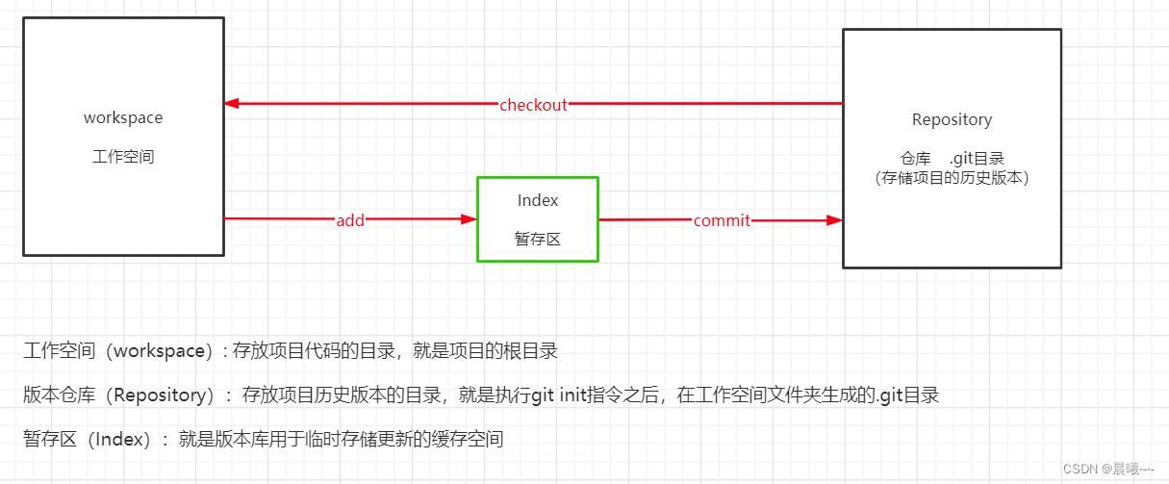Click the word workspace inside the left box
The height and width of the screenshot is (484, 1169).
point(123,118)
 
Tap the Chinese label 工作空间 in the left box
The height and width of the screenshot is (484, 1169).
point(123,157)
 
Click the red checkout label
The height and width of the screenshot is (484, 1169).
point(533,105)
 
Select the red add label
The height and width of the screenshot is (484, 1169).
point(350,220)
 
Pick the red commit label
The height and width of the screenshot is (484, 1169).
point(722,220)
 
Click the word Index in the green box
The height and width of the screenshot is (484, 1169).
point(538,200)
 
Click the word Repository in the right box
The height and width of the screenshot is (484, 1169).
point(952,119)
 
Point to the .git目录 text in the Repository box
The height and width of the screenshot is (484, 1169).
point(977,159)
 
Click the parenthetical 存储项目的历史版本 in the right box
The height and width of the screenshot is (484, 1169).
point(952,178)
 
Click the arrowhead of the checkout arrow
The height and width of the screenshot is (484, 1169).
point(232,103)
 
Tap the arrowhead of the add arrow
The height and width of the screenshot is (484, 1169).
point(470,219)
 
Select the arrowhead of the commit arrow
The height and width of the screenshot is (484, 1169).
point(835,220)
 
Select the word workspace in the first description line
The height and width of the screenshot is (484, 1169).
point(159,350)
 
